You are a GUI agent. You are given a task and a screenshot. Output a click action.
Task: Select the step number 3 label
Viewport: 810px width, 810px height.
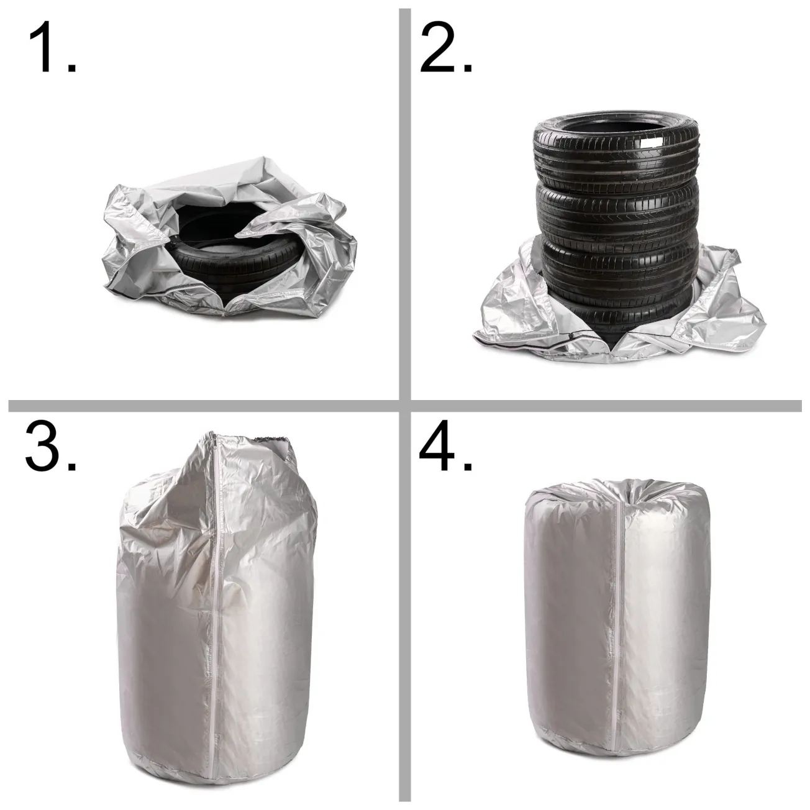(x=50, y=445)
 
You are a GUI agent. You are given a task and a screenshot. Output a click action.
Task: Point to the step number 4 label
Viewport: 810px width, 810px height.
(x=445, y=445)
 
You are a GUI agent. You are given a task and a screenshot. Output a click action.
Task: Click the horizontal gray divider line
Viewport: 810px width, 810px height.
(x=405, y=406)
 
